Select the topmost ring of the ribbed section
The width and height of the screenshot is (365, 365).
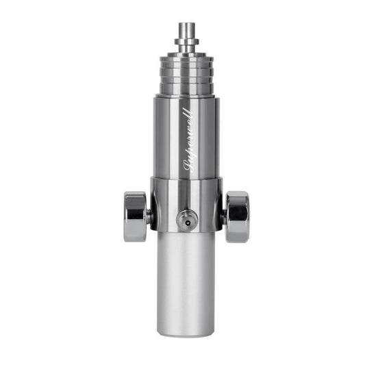tap(187, 58)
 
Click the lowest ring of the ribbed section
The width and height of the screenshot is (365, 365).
tap(187, 90)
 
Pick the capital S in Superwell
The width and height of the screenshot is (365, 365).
tap(188, 164)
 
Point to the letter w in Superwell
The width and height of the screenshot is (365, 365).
tap(189, 126)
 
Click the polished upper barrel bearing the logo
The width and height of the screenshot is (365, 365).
tap(171, 137)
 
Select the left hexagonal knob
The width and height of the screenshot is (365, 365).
tap(135, 215)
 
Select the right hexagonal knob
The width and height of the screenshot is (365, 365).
tap(238, 215)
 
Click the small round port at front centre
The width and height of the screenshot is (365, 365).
tap(186, 219)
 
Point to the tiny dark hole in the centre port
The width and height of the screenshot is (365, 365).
tap(186, 220)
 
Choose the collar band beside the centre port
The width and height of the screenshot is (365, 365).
tap(205, 205)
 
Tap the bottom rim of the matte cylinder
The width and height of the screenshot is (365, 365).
tap(187, 333)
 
